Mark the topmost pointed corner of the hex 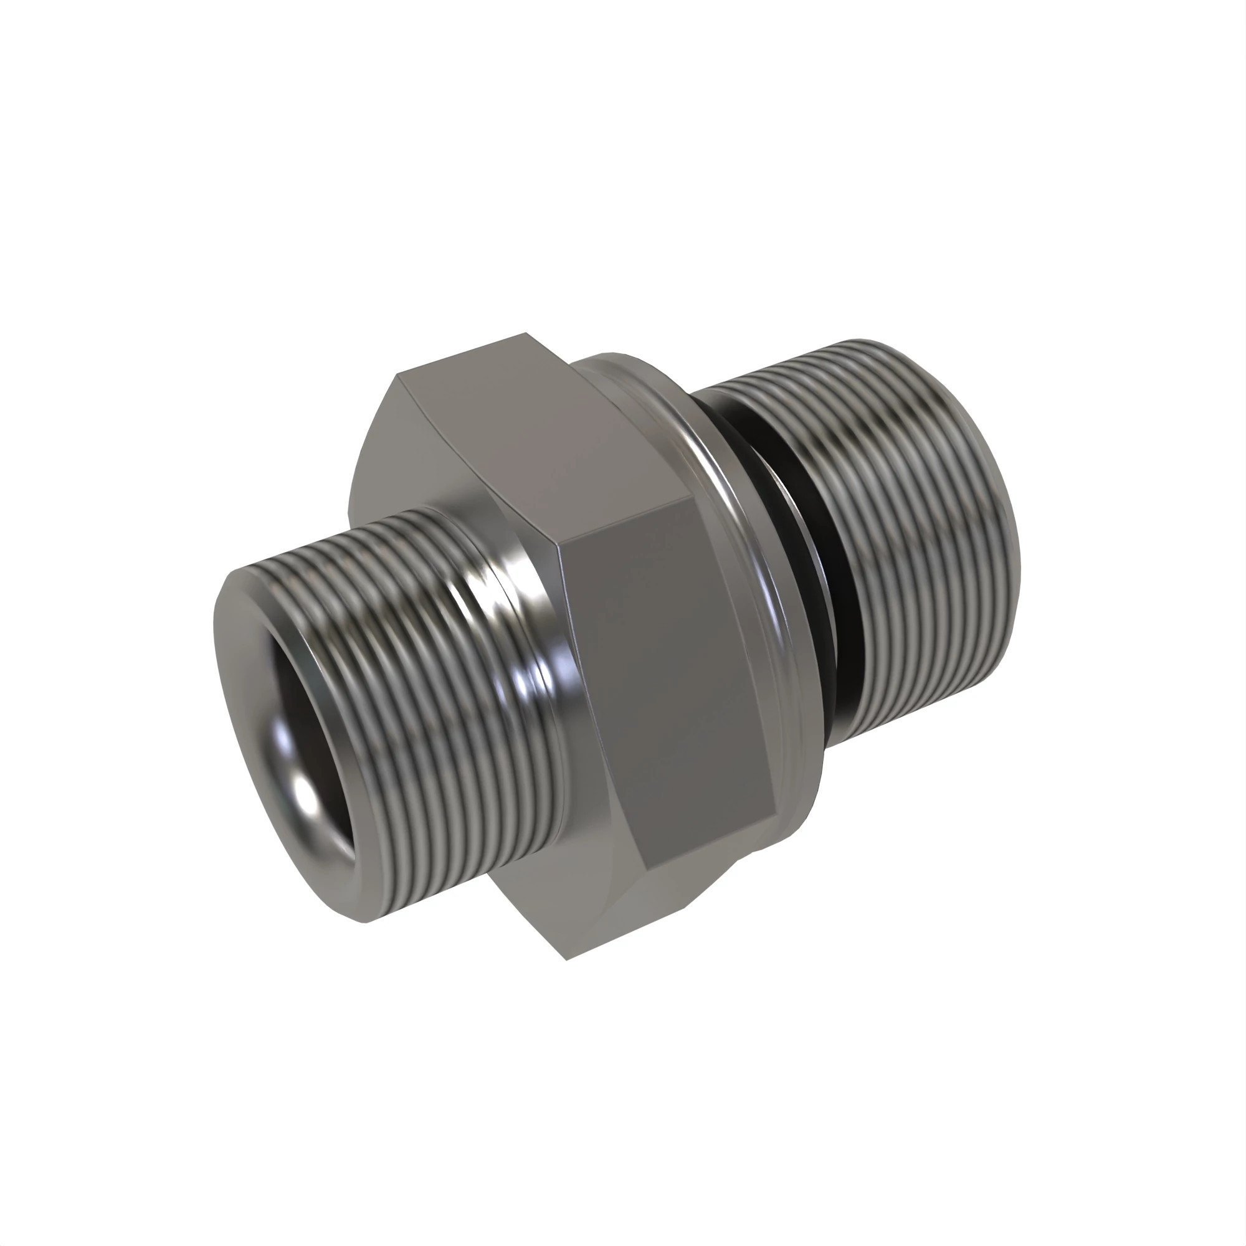(x=526, y=333)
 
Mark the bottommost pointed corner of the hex (x=566, y=959)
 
